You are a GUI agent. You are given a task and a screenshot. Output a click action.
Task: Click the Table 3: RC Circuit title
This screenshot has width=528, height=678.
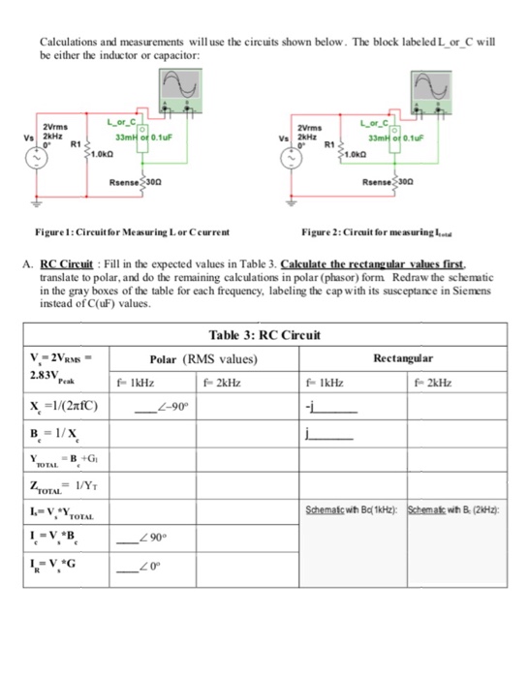(x=264, y=334)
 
